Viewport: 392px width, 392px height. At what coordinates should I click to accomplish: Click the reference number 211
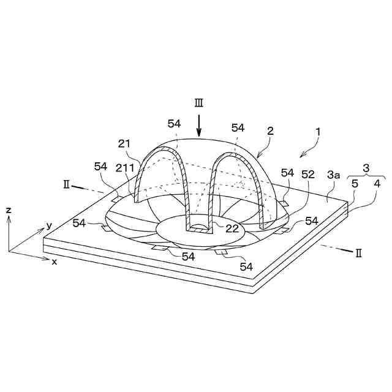coord(125,168)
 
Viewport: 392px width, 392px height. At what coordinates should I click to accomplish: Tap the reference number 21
coord(124,144)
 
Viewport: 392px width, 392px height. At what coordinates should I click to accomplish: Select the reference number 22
coord(232,228)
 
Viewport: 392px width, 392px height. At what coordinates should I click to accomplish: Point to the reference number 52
coord(307,175)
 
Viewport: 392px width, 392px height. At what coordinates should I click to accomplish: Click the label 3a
coord(333,175)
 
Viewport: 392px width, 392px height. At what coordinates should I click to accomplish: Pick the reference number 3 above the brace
coord(366,168)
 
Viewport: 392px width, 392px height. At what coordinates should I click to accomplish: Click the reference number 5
coord(355,184)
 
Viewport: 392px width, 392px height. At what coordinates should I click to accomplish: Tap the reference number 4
coord(377,184)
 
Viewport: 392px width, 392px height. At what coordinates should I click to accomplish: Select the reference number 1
coord(318,132)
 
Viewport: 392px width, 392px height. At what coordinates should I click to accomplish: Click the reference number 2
coord(270,131)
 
